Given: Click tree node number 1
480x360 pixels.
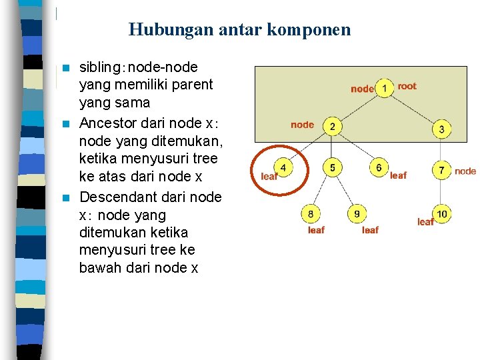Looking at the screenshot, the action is [385, 88].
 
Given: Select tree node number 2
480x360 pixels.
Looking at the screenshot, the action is [332, 127].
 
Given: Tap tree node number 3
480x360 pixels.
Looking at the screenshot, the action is [441, 129].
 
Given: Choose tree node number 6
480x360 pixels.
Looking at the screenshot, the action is [379, 167].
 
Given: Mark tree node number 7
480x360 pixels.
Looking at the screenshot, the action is [441, 171].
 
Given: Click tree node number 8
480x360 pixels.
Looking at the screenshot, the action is [311, 214].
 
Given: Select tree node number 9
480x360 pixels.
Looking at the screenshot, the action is [357, 214].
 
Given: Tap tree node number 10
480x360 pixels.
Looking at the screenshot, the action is [442, 214].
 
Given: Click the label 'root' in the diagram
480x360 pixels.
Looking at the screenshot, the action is [407, 86].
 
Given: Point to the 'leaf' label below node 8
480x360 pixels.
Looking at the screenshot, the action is [316, 230].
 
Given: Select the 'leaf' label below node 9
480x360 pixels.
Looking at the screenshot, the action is [370, 230].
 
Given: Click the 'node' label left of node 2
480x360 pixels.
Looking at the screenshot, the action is [302, 125].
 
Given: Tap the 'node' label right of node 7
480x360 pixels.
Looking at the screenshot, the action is [465, 171].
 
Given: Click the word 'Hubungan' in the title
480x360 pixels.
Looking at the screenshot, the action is [160, 30].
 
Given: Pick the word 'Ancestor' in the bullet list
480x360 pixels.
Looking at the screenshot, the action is [109, 123].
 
